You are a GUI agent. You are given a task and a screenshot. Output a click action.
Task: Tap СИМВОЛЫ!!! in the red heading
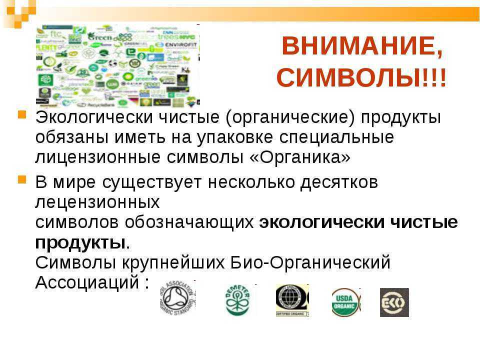click(x=361, y=78)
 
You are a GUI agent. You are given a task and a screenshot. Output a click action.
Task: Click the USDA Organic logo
click(x=345, y=302)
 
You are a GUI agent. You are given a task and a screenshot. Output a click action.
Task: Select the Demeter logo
click(x=237, y=300)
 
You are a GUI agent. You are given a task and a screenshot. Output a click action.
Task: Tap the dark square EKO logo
click(x=394, y=302)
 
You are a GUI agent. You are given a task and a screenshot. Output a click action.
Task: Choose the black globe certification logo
click(x=292, y=300)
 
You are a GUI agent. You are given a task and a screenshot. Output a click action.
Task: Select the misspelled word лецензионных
click(x=97, y=202)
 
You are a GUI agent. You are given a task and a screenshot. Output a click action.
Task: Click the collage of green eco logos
click(x=117, y=64)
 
